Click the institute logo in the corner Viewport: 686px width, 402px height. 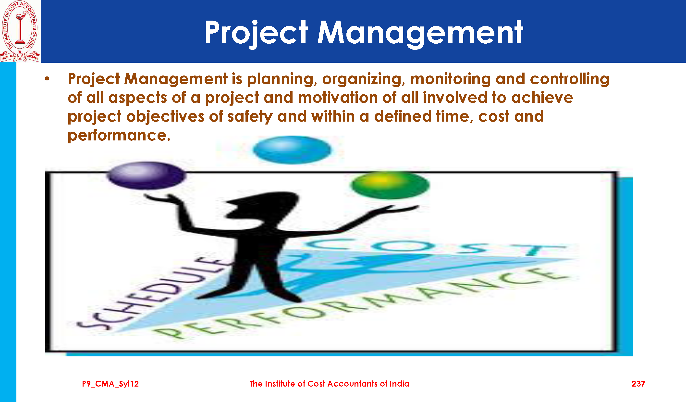point(20,31)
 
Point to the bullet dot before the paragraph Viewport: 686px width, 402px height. point(47,79)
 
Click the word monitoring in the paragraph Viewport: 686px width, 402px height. point(450,79)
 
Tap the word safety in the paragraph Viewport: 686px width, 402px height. point(250,117)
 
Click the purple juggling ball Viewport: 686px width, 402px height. point(146,176)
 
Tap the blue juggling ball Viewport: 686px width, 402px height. point(292,150)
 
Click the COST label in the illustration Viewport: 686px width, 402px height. point(436,247)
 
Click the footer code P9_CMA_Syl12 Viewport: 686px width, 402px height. point(110,384)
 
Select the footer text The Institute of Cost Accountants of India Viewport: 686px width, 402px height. point(329,384)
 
